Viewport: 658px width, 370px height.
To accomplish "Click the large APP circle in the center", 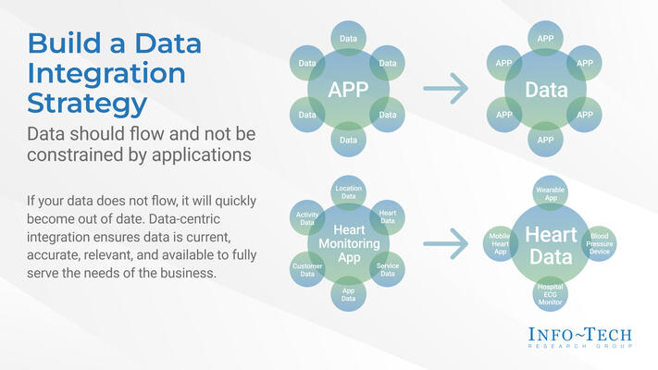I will [348, 89].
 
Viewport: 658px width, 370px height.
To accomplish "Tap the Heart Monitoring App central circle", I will [347, 243].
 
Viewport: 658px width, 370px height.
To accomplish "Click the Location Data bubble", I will [348, 192].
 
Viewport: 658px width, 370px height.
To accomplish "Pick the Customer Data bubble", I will [307, 269].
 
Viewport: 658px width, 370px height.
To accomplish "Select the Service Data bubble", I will [388, 269].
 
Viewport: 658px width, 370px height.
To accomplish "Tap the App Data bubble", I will [348, 294].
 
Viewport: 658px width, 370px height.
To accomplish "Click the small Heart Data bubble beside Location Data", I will [388, 216].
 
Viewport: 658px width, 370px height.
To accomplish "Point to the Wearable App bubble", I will [551, 193].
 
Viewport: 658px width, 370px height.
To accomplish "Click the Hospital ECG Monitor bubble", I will [551, 295].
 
